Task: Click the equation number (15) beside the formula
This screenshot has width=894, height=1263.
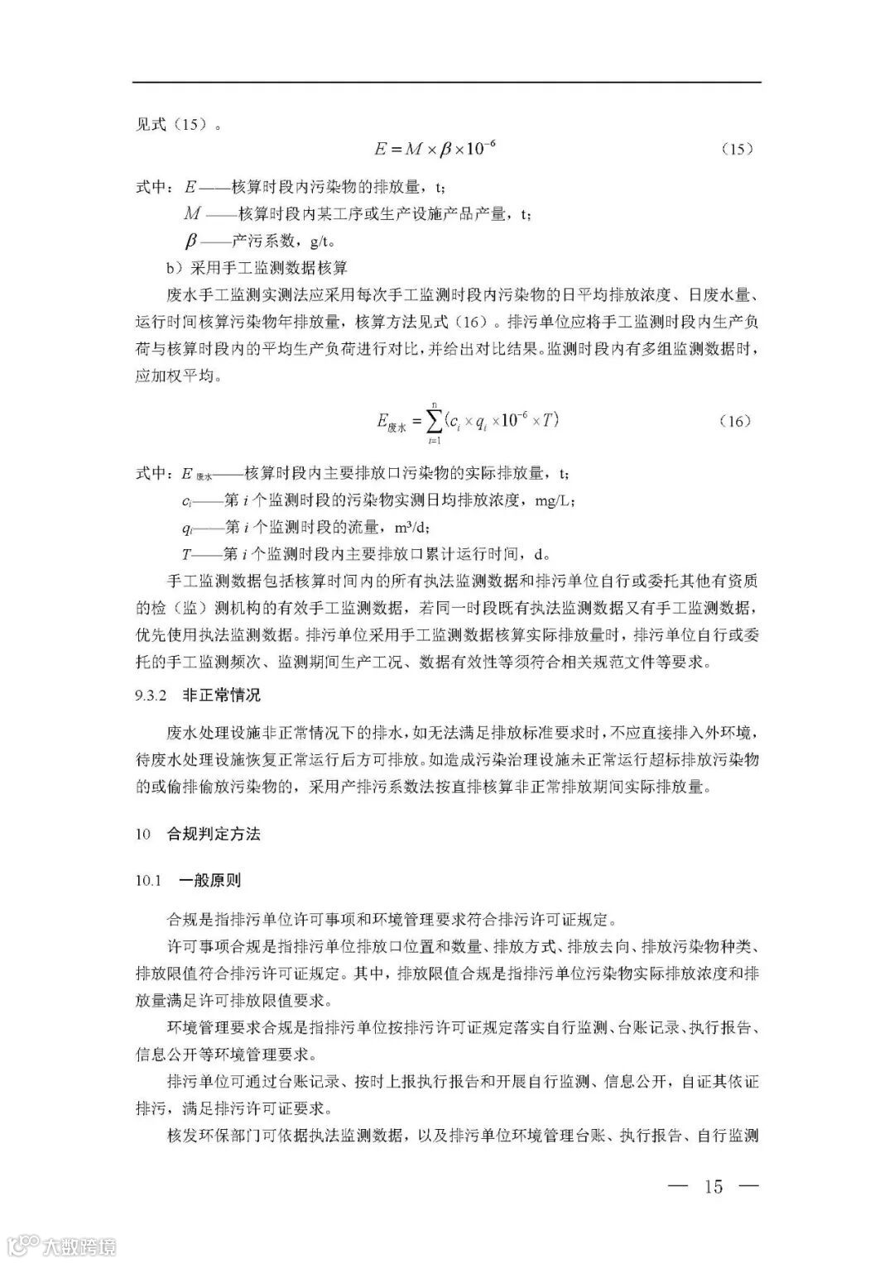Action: (x=736, y=149)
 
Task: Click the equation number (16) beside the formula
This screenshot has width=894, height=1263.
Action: (x=736, y=421)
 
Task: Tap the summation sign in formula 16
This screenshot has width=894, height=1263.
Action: (x=433, y=421)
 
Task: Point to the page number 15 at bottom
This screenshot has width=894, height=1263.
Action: (x=713, y=1186)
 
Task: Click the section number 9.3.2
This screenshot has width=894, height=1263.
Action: (x=152, y=695)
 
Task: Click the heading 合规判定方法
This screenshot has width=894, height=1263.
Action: (x=214, y=834)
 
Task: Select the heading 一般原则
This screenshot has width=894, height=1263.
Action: (x=210, y=880)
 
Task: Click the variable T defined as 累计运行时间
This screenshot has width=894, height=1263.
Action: (x=187, y=553)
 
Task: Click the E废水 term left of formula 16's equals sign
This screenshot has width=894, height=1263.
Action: (x=389, y=423)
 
